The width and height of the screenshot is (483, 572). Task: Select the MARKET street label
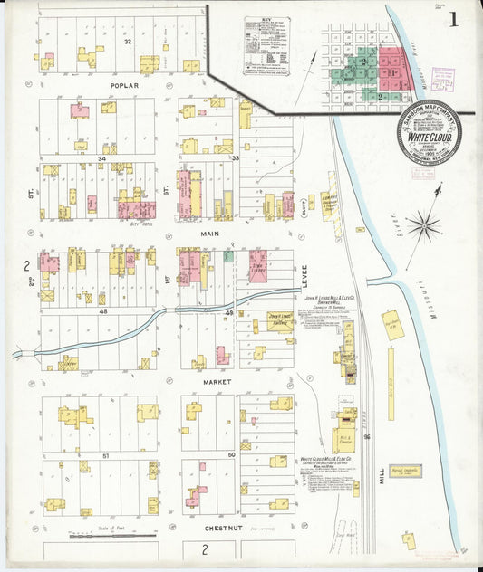click(217, 382)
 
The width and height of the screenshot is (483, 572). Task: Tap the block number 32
click(128, 42)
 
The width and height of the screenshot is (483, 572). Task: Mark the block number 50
click(231, 454)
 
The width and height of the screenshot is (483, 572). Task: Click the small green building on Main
click(228, 256)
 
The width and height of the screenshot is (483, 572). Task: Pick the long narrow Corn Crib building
click(391, 384)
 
